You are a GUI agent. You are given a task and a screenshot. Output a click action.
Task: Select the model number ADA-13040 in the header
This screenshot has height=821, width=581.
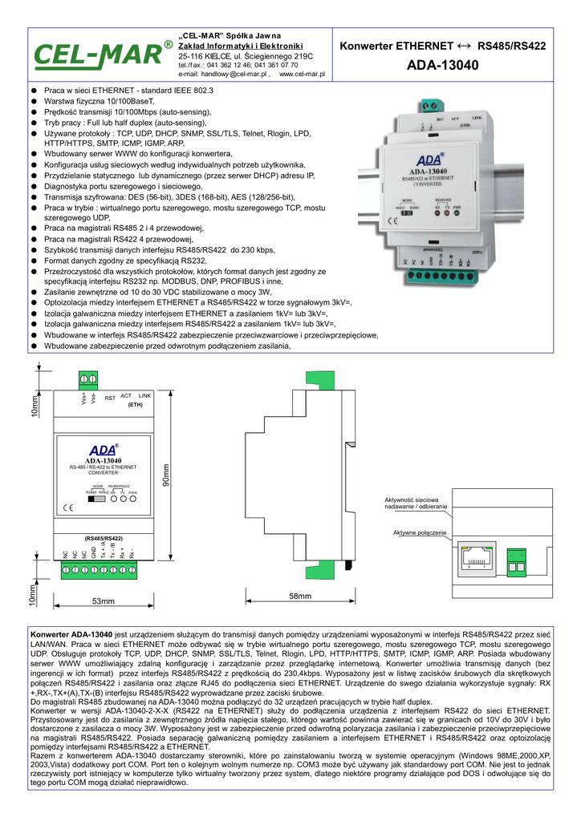pyautogui.click(x=443, y=64)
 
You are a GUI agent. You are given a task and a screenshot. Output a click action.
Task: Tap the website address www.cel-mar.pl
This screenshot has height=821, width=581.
pyautogui.click(x=302, y=74)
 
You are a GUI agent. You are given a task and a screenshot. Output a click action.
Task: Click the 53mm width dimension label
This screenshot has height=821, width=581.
pyautogui.click(x=104, y=601)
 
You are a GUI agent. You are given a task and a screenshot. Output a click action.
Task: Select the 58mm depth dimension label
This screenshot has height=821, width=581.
pyautogui.click(x=300, y=597)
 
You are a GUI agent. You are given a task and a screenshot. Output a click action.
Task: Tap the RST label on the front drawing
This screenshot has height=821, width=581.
pyautogui.click(x=110, y=398)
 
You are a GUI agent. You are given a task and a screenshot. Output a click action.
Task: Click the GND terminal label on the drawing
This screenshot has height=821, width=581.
pyautogui.click(x=94, y=552)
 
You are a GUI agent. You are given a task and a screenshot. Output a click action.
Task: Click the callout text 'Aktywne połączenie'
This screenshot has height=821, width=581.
pyautogui.click(x=420, y=533)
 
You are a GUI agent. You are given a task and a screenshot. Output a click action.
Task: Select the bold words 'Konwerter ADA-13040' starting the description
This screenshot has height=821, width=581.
pyautogui.click(x=71, y=634)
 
